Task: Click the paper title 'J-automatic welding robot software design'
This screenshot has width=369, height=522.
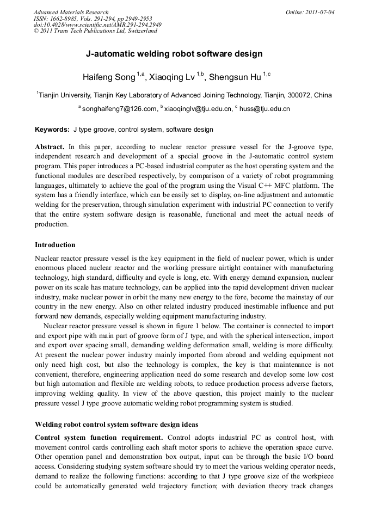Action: pyautogui.click(x=174, y=54)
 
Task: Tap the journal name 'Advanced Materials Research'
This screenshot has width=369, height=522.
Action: pyautogui.click(x=71, y=12)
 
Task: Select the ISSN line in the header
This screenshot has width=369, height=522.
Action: pyautogui.click(x=87, y=19)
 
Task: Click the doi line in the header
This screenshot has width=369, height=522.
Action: pyautogui.click(x=97, y=25)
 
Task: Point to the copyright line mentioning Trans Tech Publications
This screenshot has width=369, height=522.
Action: pyautogui.click(x=95, y=31)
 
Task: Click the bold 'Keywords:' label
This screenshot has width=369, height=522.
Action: pyautogui.click(x=52, y=130)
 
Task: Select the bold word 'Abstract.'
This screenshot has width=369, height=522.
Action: pyautogui.click(x=50, y=147)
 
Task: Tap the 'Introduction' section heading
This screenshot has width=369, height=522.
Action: pyautogui.click(x=55, y=244)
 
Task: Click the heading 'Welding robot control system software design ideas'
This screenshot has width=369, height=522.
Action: pyautogui.click(x=116, y=424)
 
